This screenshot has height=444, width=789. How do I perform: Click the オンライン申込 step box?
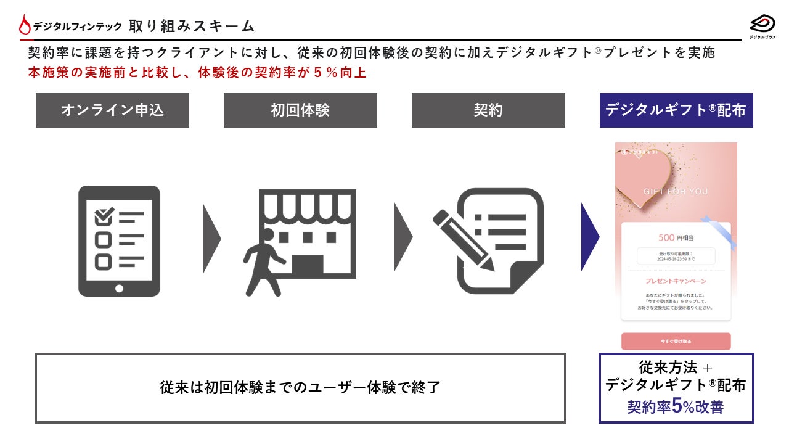pos(112,110)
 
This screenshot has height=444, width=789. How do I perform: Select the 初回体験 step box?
pos(300,110)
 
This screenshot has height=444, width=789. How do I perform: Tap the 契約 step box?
pos(488,110)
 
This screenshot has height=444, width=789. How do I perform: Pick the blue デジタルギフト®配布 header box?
pos(676,110)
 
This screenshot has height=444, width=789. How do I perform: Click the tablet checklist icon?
pos(119,240)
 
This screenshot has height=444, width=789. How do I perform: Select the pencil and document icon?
pos(488,240)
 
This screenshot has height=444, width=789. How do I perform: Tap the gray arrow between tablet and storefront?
pos(211,237)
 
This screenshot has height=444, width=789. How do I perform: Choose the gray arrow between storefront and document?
pos(403,237)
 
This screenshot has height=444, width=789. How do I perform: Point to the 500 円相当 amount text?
pos(676,237)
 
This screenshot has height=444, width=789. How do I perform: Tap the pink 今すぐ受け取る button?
pos(676,341)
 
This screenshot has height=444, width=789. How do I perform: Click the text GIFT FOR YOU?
pos(676,192)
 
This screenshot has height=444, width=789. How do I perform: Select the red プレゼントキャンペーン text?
pos(676,281)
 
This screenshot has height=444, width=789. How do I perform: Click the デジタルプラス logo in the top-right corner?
pos(762,26)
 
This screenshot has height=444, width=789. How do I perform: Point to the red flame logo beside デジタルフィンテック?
pos(25,25)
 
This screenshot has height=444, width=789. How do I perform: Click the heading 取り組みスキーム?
pos(192,26)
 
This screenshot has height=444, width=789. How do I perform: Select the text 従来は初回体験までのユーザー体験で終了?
pos(300,388)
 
